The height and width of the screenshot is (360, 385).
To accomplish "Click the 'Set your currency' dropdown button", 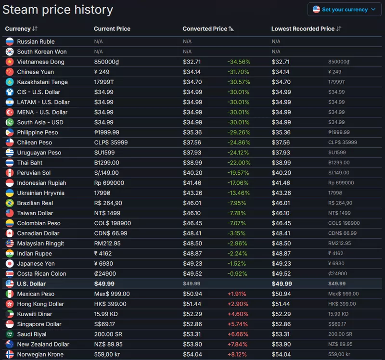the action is pyautogui.click(x=344, y=10).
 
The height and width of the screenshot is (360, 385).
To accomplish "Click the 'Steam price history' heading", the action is pyautogui.click(x=58, y=10).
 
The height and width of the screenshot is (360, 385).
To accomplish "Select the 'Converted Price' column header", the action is pyautogui.click(x=205, y=29).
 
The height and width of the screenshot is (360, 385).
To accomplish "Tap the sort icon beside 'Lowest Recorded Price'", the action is pyautogui.click(x=339, y=29).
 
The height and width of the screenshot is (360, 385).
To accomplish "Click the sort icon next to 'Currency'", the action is pyautogui.click(x=35, y=29).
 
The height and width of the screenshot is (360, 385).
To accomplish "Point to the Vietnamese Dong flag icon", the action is pyautogui.click(x=10, y=62).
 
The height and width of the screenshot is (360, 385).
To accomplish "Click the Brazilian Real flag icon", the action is pyautogui.click(x=10, y=203).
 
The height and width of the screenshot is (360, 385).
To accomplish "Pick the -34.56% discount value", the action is pyautogui.click(x=239, y=62).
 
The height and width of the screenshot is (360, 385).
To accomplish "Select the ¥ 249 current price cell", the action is pyautogui.click(x=102, y=72).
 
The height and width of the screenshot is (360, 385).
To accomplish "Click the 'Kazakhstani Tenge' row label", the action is pyautogui.click(x=42, y=82).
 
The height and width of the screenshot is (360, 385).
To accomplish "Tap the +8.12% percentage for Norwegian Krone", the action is pyautogui.click(x=237, y=354).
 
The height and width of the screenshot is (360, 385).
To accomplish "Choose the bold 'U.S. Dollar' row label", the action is pyautogui.click(x=31, y=283).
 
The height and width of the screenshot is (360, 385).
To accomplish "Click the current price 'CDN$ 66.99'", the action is pyautogui.click(x=111, y=233).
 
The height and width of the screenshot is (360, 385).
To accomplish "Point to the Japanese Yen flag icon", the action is pyautogui.click(x=10, y=263).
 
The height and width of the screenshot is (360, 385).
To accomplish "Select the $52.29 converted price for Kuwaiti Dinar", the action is pyautogui.click(x=192, y=314).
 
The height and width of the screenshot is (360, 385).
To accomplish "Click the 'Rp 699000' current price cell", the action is pyautogui.click(x=109, y=183).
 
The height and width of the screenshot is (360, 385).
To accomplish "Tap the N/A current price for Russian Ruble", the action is pyautogui.click(x=99, y=41).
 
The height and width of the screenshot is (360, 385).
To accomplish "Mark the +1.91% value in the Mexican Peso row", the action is pyautogui.click(x=237, y=294).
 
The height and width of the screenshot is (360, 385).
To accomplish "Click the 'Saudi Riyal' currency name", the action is pyautogui.click(x=32, y=334).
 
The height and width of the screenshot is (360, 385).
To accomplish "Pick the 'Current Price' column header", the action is pyautogui.click(x=112, y=29).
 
